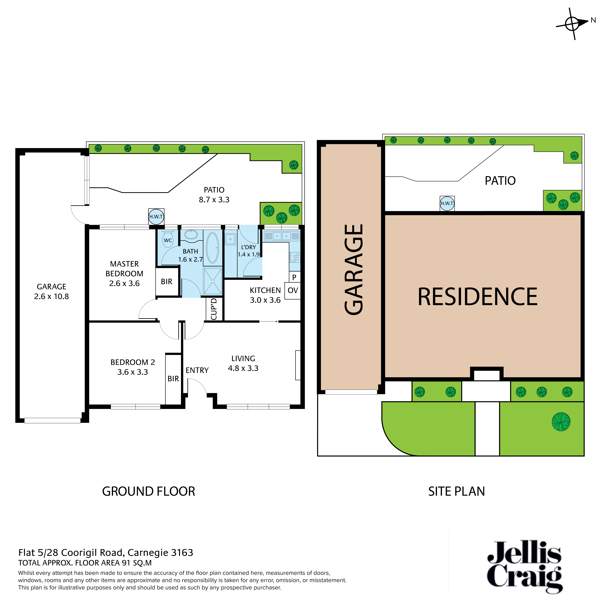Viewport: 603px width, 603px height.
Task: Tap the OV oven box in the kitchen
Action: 292,291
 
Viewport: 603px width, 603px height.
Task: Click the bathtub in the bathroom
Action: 213,247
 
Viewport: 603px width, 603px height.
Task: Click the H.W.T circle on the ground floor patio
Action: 156,217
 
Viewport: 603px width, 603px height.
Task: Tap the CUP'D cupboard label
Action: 214,309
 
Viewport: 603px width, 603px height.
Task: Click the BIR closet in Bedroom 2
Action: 173,379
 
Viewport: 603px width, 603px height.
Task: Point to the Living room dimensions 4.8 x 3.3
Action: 243,368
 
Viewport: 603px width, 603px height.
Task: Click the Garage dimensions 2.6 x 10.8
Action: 52,296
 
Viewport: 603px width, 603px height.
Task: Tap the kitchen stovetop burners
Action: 295,257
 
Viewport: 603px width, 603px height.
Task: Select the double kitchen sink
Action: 282,236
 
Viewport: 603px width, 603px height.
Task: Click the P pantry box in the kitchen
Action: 294,277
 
